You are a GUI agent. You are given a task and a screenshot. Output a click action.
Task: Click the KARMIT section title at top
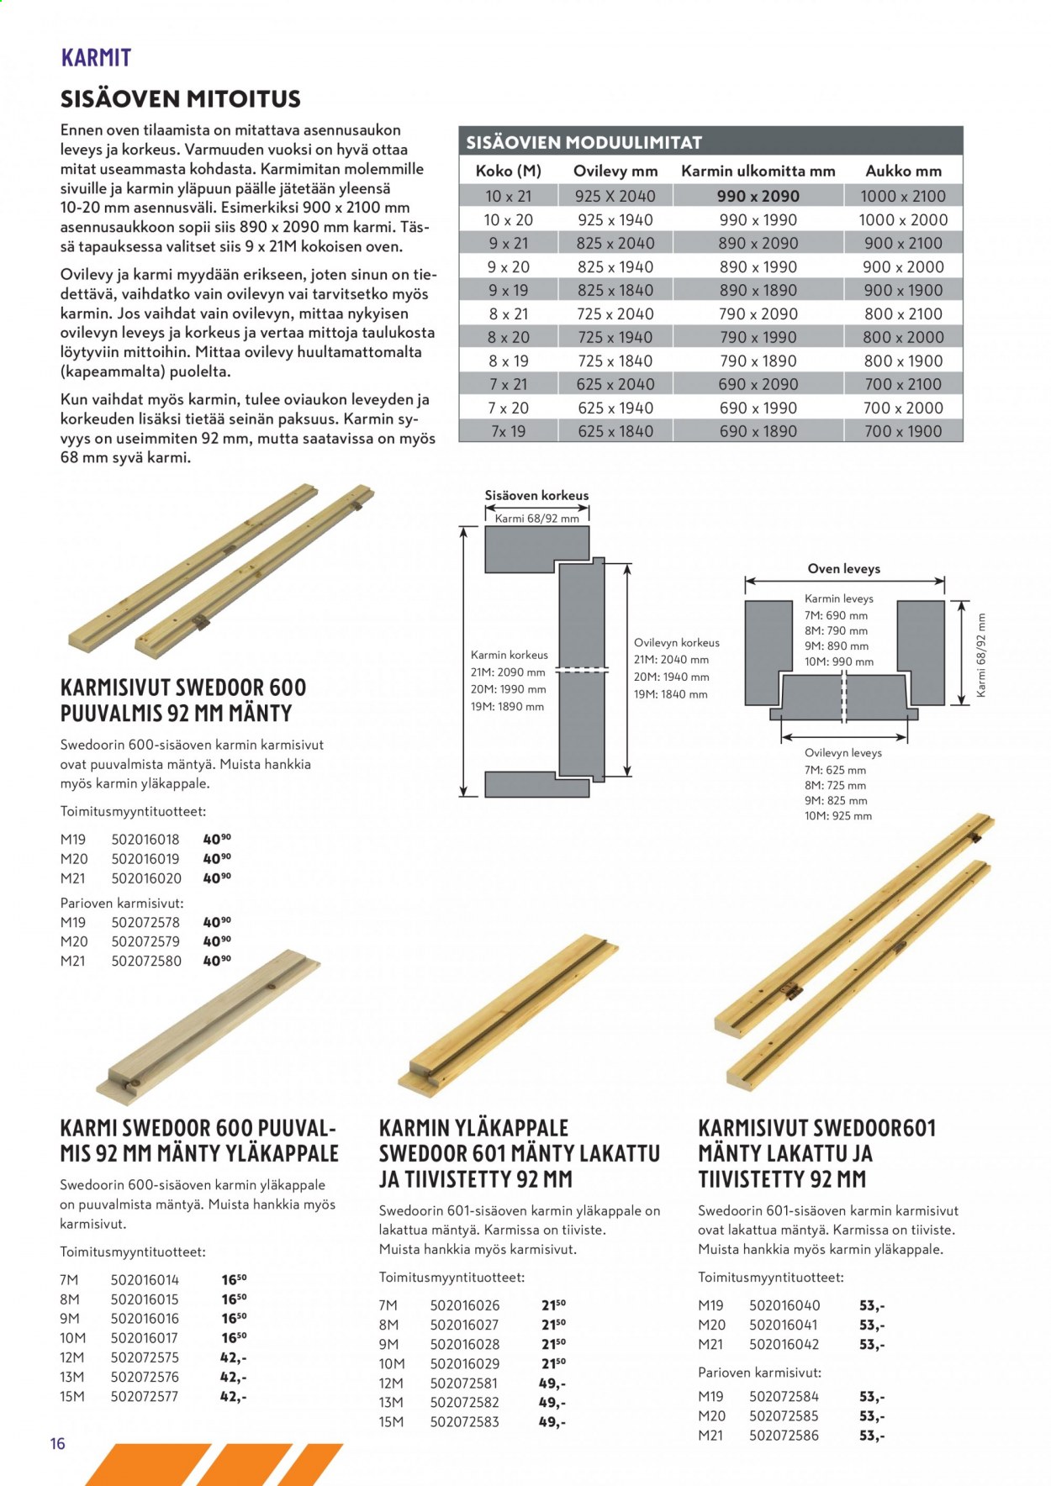point(96,57)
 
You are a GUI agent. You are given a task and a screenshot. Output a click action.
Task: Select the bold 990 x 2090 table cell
point(758,196)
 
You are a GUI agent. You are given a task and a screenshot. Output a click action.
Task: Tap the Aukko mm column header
point(904,171)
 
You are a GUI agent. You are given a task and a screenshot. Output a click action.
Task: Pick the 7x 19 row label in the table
point(508,431)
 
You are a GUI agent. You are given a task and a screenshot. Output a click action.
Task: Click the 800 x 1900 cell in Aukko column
point(903,361)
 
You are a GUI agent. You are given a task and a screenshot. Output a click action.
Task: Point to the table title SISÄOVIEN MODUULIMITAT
point(584,142)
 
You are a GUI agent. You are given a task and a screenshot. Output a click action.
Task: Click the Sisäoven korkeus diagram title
point(536,495)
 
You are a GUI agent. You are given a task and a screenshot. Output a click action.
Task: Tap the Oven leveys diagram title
point(843,568)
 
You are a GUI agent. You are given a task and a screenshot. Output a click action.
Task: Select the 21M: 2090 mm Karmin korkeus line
point(508,672)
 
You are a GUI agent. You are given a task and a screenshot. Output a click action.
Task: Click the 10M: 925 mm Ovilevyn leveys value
point(838,816)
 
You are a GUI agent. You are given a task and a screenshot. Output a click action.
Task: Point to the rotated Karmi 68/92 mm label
point(980,656)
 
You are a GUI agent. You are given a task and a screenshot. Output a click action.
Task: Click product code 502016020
point(145,877)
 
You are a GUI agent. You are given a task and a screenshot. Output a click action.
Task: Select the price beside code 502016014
point(234,1279)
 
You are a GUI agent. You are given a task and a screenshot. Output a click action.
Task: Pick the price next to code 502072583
point(552,1422)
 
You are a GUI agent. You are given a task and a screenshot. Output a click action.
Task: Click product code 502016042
point(784,1344)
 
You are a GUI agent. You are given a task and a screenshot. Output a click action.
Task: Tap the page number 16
point(57,1444)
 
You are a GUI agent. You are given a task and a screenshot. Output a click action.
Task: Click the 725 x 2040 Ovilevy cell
point(615,314)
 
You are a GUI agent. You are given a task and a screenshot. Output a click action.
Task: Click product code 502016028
point(464,1344)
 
